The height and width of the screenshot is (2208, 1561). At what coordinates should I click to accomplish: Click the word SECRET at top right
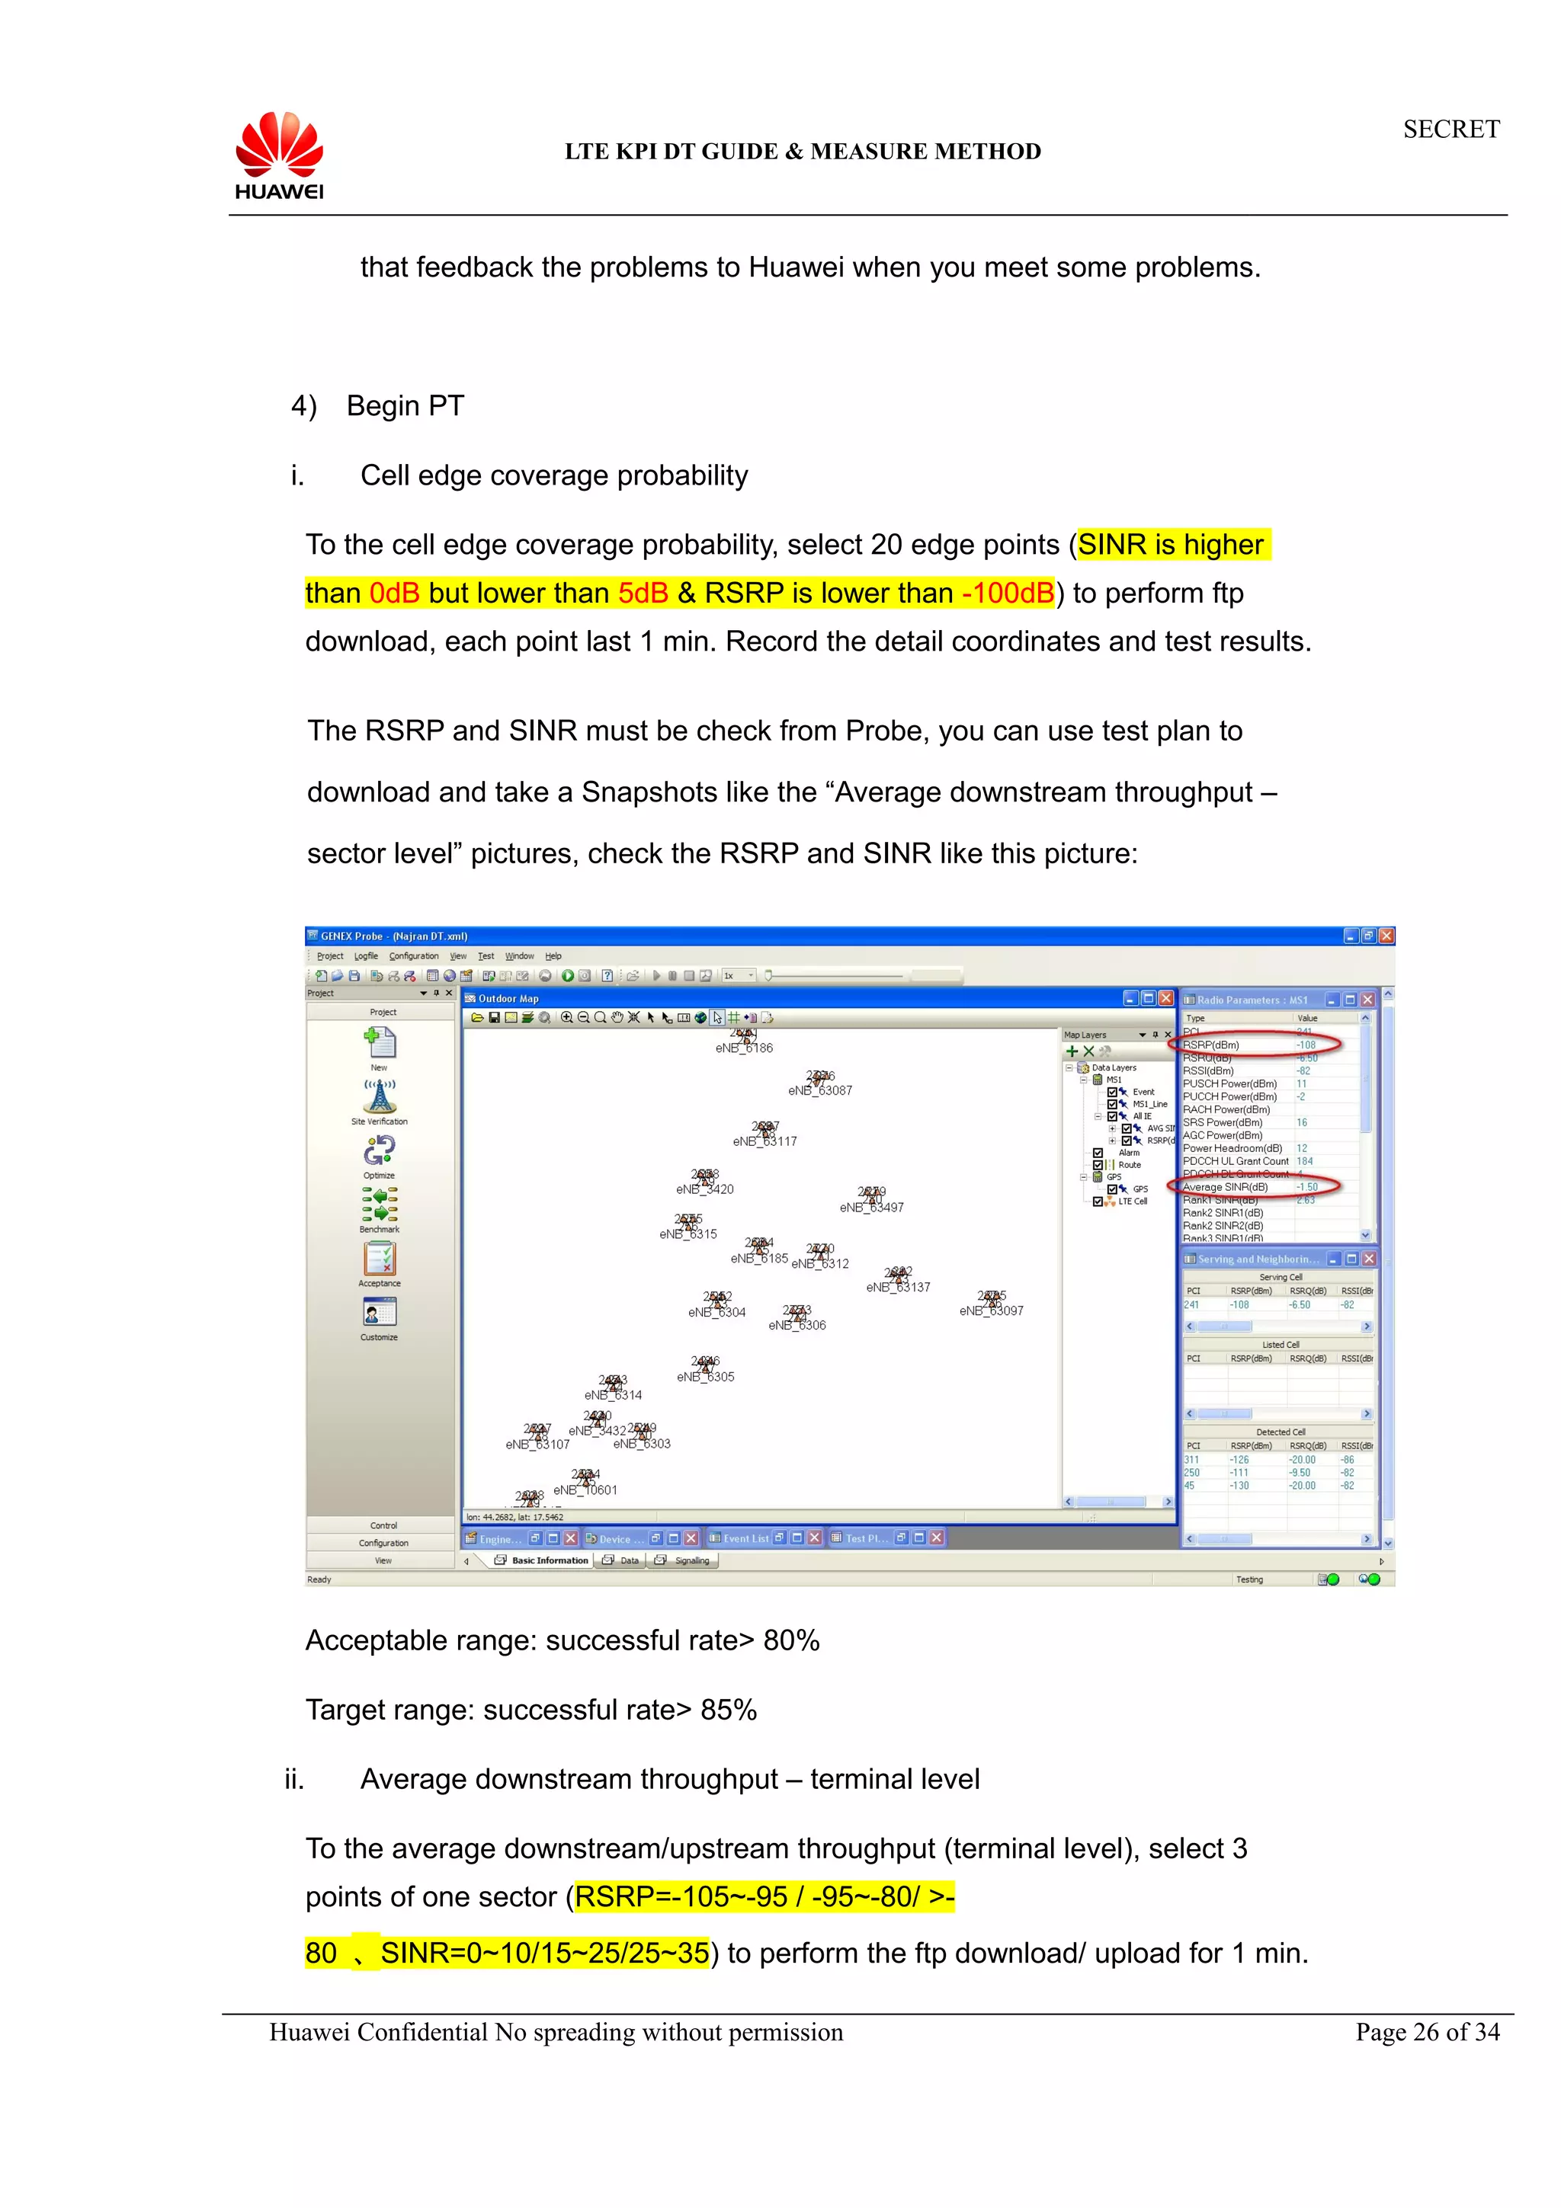tap(1450, 129)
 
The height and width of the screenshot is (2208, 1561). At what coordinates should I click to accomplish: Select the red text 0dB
tap(394, 594)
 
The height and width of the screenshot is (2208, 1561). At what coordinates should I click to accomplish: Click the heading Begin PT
tap(405, 406)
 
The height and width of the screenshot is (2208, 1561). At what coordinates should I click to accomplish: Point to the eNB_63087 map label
tap(819, 1090)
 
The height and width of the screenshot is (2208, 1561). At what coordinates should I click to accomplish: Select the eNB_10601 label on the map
tap(585, 1490)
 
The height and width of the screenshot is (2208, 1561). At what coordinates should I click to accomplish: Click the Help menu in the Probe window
tap(553, 956)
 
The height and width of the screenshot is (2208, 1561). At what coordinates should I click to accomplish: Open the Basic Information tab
tap(548, 1561)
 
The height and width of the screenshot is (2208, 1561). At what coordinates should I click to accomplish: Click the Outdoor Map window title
tap(509, 998)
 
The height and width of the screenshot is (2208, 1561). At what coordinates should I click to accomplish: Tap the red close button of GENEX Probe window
tap(1386, 936)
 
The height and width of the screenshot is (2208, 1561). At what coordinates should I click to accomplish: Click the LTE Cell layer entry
tap(1132, 1201)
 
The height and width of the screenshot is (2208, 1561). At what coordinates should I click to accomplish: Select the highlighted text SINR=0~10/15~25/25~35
tap(544, 1954)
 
